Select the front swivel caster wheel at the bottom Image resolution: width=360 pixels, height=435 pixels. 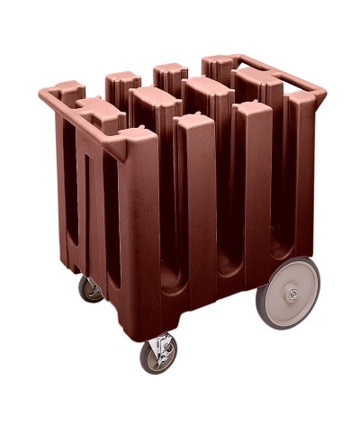coord(158,355)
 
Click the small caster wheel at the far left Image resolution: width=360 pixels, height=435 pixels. coord(91,289)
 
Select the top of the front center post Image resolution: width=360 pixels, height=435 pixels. coord(193,120)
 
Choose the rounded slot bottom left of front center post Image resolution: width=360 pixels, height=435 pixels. coord(166,270)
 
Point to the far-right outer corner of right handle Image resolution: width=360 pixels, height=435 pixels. coord(323,89)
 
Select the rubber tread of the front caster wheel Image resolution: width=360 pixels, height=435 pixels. coord(158,370)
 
